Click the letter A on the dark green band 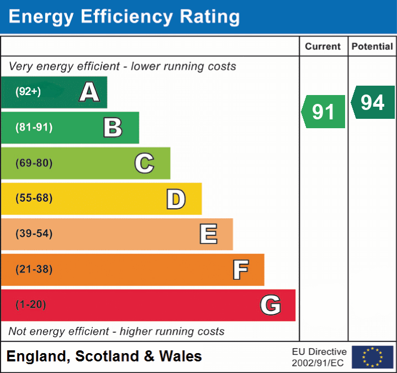coord(89,92)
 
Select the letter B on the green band coord(113,128)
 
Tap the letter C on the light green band coord(144,163)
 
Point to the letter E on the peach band coord(208,234)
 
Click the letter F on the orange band coord(240,270)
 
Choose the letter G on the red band coord(271,305)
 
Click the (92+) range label coord(28,92)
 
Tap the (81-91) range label coord(34,128)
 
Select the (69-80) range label coord(34,163)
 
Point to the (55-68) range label coord(34,198)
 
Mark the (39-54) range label coord(34,234)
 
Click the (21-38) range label coord(34,270)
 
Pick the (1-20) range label coord(31,305)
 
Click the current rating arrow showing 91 coord(324,112)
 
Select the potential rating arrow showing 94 coord(373,102)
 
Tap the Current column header coord(324,47)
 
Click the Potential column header coord(373,47)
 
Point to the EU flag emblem coord(372,357)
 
